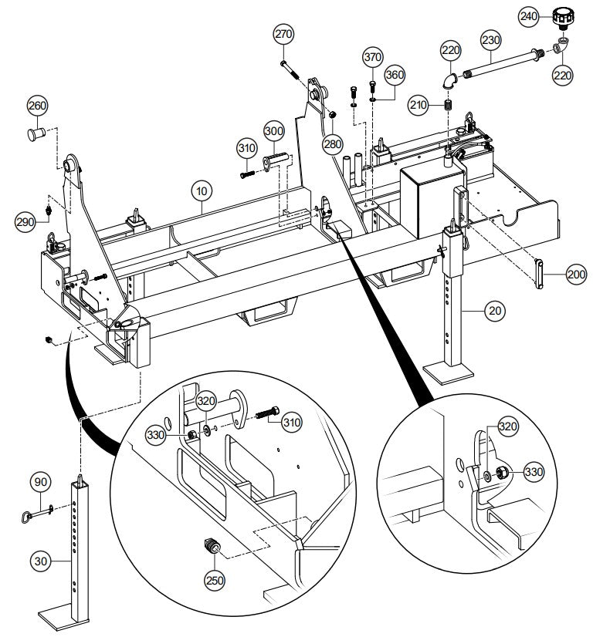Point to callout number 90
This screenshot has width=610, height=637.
coord(41,484)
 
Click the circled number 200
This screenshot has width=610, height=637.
coord(576,274)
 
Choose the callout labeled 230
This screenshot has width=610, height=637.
coord(491,39)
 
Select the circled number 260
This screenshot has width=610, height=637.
coord(38,106)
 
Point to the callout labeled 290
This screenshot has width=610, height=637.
coord(26,223)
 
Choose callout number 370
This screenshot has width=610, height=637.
coord(374,58)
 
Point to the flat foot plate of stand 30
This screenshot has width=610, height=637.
coord(65,618)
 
